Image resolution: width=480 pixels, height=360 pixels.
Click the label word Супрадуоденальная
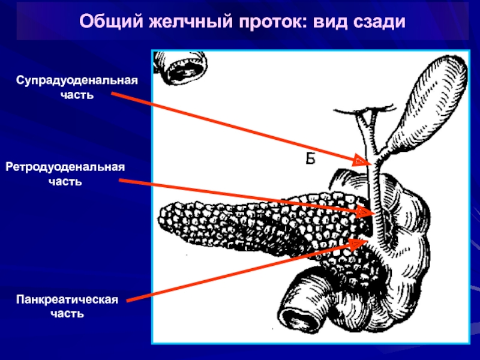tap(77, 81)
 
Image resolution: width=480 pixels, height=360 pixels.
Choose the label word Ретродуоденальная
tap(65, 167)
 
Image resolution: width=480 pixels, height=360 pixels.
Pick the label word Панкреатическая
tap(67, 299)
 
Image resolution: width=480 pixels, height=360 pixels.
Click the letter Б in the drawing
tap(310, 159)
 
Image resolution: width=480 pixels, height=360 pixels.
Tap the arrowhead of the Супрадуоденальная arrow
tap(362, 160)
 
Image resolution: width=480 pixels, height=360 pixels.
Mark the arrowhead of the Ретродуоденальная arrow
tap(364, 212)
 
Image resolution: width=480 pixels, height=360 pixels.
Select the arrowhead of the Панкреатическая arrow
tap(358, 244)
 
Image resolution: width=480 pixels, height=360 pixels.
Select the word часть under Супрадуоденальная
tap(77, 95)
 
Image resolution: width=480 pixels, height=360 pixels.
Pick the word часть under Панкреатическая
tap(67, 314)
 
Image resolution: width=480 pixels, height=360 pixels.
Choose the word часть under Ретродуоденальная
tap(65, 182)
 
